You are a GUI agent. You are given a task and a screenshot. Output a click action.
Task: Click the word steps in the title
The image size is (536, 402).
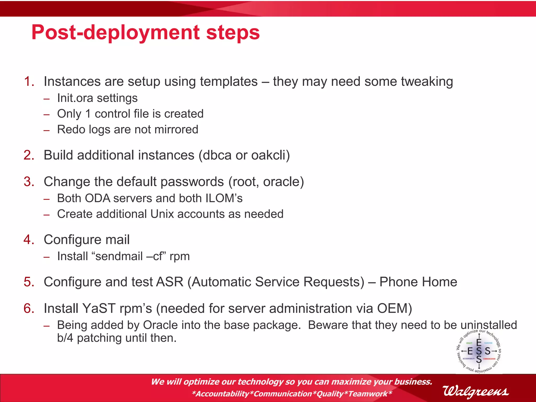233,33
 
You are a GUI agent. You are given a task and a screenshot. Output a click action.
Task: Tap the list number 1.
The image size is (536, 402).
29,81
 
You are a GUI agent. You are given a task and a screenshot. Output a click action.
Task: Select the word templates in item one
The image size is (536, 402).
229,81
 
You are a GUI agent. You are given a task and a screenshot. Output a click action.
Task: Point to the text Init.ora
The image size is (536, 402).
75,98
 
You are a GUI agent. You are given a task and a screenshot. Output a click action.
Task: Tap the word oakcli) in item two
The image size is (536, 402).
270,155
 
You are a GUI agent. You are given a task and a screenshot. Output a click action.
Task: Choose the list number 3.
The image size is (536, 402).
29,182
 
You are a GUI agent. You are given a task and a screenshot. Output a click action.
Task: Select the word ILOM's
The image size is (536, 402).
224,198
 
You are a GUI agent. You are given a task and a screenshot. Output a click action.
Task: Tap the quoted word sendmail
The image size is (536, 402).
119,256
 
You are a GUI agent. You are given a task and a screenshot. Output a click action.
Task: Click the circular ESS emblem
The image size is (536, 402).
479,351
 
